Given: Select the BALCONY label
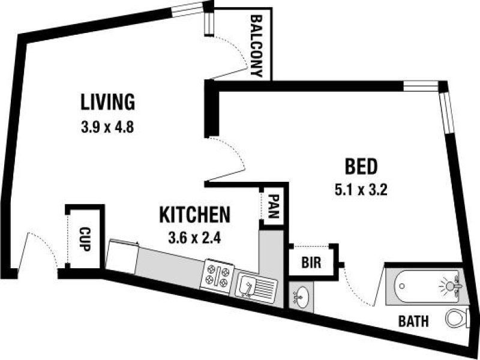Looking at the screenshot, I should (x=257, y=46).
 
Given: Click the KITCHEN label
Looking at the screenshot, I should (x=195, y=214).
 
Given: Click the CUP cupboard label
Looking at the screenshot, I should (x=85, y=238).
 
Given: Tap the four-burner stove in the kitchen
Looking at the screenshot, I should (x=218, y=275).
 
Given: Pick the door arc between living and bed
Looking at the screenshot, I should (x=231, y=156).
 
